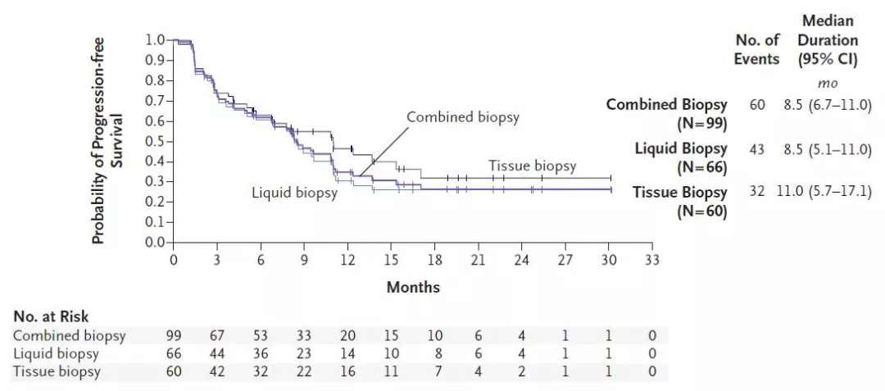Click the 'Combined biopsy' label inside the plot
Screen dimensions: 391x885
[463, 117]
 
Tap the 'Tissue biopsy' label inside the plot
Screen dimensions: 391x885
[533, 166]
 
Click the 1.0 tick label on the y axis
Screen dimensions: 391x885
[155, 39]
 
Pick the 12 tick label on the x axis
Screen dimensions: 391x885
[347, 261]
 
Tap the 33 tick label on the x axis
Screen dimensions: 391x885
[651, 261]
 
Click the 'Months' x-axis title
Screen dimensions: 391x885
[413, 287]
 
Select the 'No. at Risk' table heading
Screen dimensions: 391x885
[51, 316]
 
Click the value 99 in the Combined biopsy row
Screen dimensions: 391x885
[174, 335]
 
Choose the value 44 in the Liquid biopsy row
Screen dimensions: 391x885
[217, 353]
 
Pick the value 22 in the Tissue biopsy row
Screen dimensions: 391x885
[304, 371]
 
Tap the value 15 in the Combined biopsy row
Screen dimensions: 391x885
[391, 335]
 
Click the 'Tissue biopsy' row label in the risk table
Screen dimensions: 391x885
[57, 371]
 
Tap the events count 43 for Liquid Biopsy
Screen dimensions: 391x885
[756, 148]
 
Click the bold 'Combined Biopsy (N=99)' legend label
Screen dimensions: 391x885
[666, 114]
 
